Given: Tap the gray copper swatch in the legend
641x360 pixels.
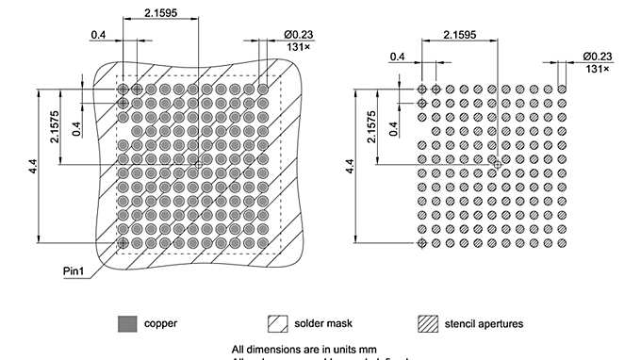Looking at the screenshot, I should click(127, 323).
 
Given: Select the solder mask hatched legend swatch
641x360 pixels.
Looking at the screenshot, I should click(277, 323).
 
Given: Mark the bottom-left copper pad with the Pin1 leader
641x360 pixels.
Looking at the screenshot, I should click(123, 243).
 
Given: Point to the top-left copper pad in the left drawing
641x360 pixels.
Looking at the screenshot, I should click(123, 90).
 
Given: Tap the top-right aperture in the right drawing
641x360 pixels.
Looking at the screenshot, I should click(562, 89).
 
